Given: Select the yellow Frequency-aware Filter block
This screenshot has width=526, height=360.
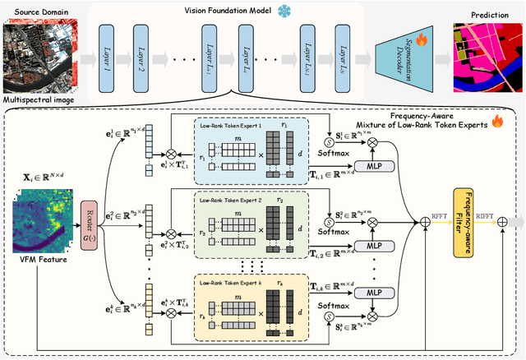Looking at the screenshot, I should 464,221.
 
